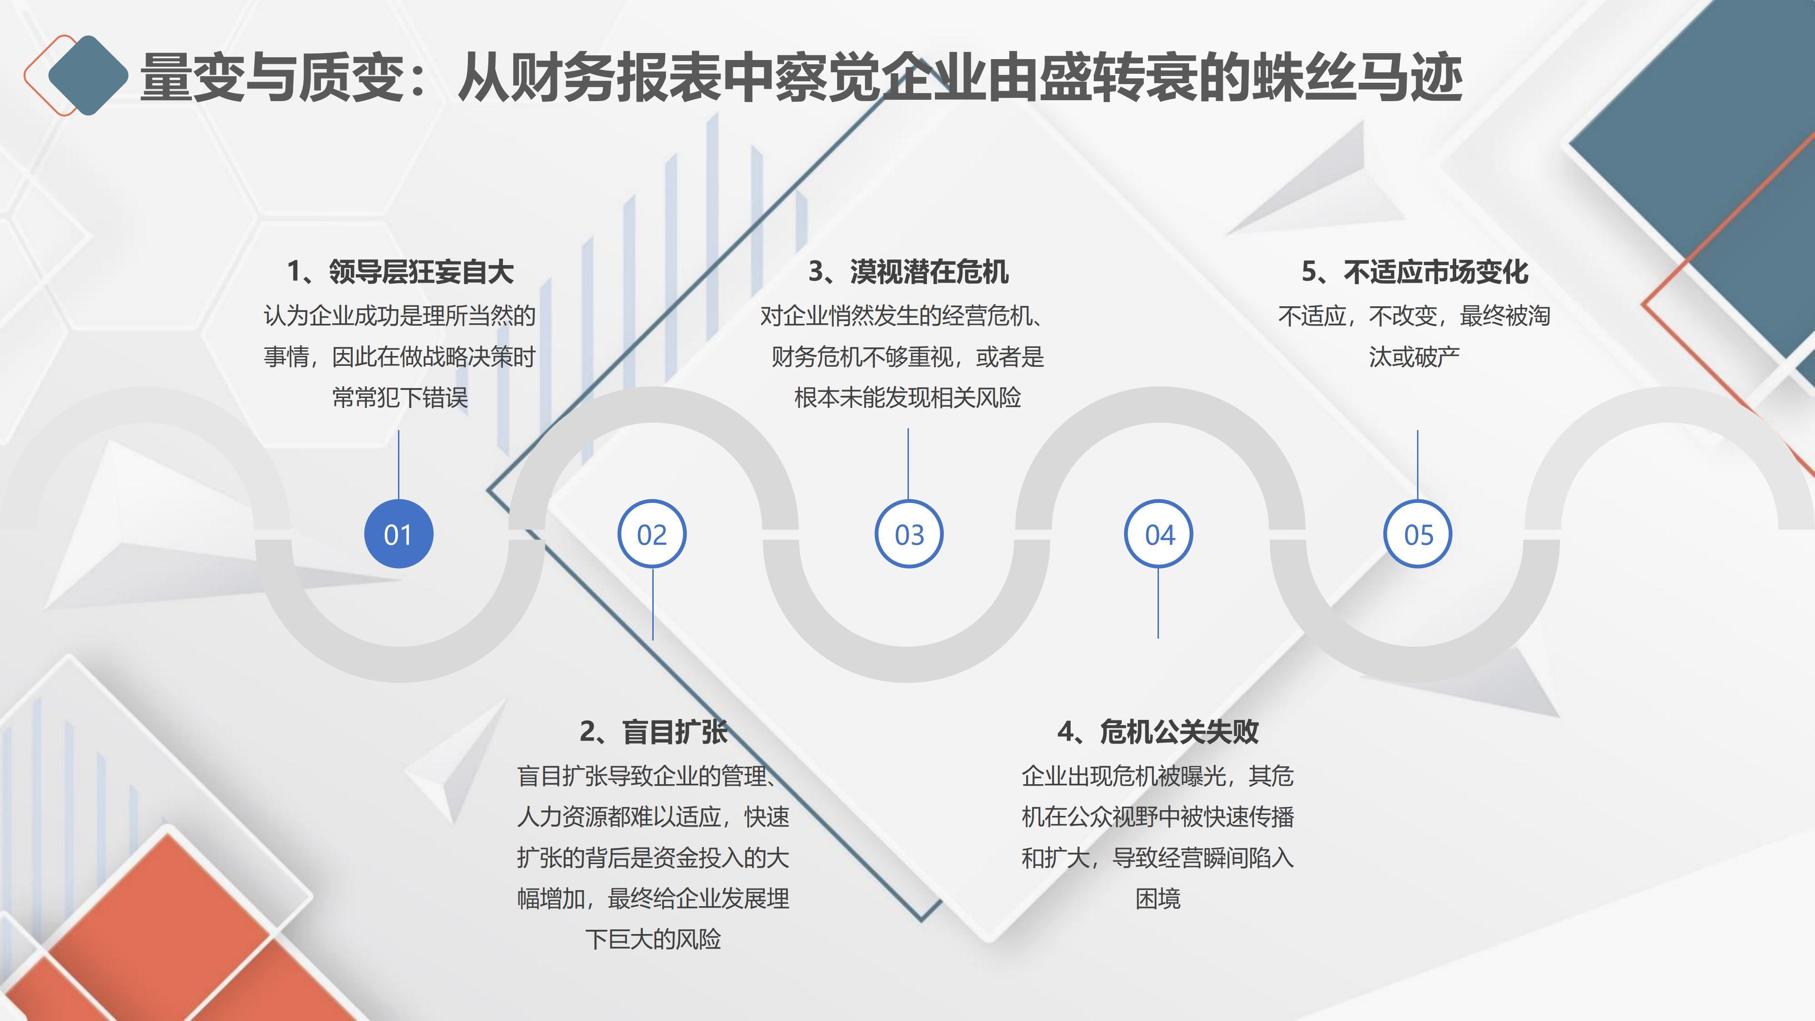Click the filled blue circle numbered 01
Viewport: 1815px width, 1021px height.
pos(398,534)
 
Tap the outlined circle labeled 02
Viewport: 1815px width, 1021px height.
pos(652,534)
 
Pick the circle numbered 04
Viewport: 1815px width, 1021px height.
pos(1159,534)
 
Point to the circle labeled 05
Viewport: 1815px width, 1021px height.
pos(1417,534)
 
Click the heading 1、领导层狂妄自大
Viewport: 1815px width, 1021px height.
pos(400,272)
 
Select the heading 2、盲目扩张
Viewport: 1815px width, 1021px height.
pos(653,731)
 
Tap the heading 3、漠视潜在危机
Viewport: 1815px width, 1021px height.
pos(908,272)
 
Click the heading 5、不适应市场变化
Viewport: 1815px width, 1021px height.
pos(1415,272)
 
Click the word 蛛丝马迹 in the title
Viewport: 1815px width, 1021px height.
pos(1357,77)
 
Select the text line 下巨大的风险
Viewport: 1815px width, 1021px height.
pos(653,939)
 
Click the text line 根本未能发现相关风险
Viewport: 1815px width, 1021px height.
pos(908,398)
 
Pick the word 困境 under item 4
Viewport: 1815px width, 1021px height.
pos(1158,899)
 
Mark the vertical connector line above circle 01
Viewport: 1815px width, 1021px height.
pos(399,465)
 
